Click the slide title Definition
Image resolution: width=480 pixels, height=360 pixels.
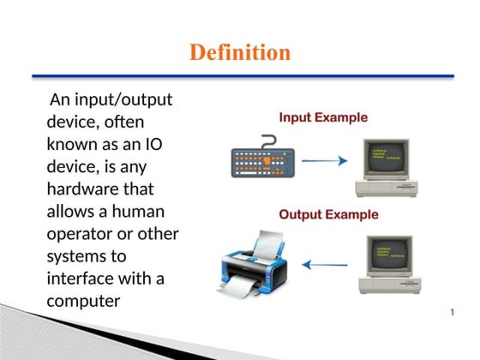point(239,53)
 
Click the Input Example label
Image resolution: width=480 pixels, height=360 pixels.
point(323,117)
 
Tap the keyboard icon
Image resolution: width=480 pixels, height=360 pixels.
point(262,160)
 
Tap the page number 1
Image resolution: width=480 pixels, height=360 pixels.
point(452,313)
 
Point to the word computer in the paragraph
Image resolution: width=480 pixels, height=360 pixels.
point(83,301)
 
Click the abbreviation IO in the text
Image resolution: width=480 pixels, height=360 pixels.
point(153,144)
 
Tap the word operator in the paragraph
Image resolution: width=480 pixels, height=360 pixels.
point(81,233)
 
